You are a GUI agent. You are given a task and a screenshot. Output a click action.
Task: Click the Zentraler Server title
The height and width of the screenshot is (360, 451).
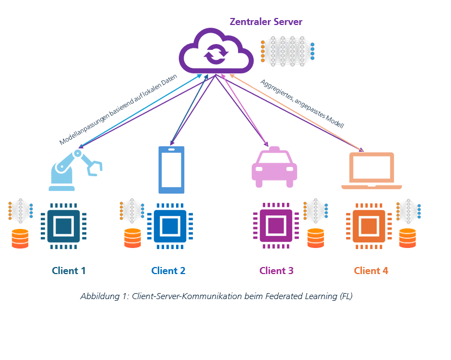[x=266, y=22]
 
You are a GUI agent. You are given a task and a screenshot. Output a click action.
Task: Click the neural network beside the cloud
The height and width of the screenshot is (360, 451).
[x=287, y=51]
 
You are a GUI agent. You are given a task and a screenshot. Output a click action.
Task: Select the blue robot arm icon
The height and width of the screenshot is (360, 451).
[x=74, y=169]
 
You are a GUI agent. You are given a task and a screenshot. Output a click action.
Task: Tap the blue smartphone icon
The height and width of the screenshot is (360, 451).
[x=171, y=170]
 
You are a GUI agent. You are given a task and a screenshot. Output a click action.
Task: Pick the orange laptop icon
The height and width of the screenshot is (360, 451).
[x=372, y=171]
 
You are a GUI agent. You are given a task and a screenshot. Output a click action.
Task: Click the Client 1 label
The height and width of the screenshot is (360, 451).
[x=68, y=270]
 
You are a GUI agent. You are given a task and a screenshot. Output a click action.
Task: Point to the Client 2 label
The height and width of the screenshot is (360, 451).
[x=168, y=270]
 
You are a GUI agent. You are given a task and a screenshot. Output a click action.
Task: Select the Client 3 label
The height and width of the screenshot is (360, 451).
[x=276, y=270]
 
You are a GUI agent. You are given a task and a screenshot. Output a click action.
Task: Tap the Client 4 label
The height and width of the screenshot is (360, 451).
[x=371, y=270]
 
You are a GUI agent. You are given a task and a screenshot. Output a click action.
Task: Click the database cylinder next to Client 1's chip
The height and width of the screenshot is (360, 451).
[x=20, y=239]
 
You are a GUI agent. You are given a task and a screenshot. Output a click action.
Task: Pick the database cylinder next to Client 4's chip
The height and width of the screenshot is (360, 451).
[x=408, y=238]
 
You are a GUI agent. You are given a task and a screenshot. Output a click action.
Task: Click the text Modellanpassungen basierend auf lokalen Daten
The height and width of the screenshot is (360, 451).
[x=118, y=109]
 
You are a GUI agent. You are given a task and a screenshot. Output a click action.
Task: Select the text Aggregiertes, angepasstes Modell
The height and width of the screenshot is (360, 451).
[x=302, y=103]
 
